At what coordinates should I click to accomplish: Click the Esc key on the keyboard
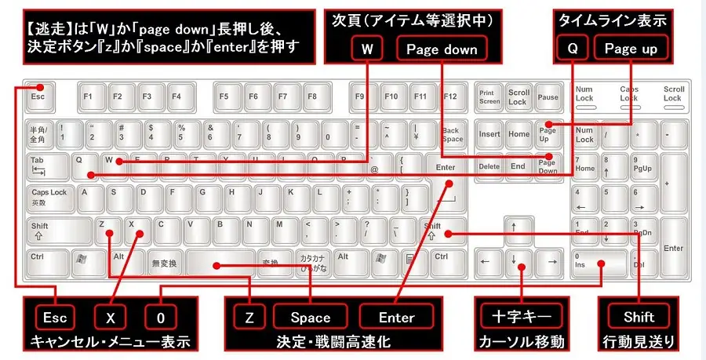coord(38,96)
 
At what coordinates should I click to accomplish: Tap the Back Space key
coord(452,134)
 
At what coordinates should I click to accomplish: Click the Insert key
coord(489,134)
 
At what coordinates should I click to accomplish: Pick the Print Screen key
coord(489,96)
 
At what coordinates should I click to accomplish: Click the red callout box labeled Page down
coord(442,49)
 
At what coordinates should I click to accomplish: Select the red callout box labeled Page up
coord(631,49)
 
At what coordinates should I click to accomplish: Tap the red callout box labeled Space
coord(311,317)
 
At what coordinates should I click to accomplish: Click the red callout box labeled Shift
coord(639,317)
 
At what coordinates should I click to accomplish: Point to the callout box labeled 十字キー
coord(519,317)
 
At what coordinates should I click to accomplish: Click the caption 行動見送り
coord(639,343)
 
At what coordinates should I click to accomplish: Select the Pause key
coord(548,96)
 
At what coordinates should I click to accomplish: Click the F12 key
coord(449,96)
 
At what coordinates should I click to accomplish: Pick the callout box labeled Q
coord(573,49)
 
